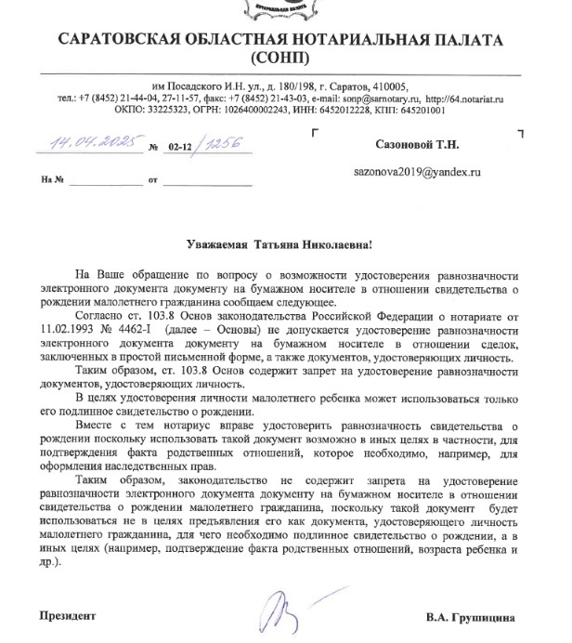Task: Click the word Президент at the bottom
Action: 66,615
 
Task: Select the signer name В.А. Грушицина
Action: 470,616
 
